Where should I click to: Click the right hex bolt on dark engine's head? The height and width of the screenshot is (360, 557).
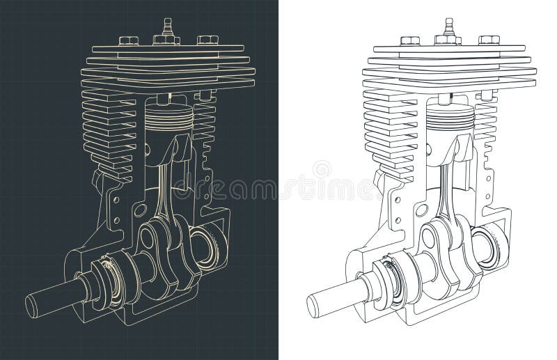tap(206, 40)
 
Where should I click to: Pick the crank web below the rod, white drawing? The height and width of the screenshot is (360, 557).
tap(439, 240)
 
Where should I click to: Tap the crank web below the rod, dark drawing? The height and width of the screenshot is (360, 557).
tap(156, 240)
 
